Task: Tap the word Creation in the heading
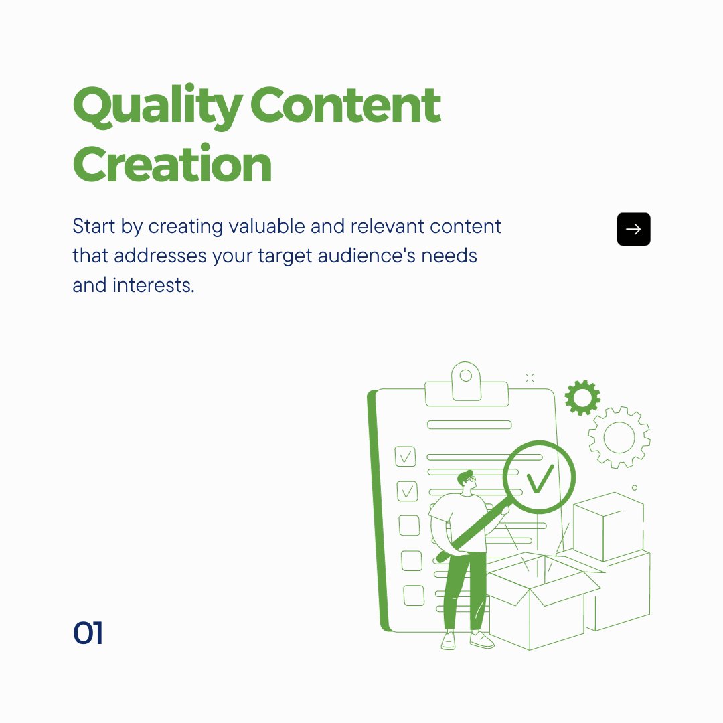coord(173,164)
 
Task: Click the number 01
coord(88,633)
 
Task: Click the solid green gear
coord(582,398)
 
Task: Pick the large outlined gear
coord(619,437)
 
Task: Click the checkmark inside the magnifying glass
coord(540,477)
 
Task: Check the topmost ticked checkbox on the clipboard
coord(405,457)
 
